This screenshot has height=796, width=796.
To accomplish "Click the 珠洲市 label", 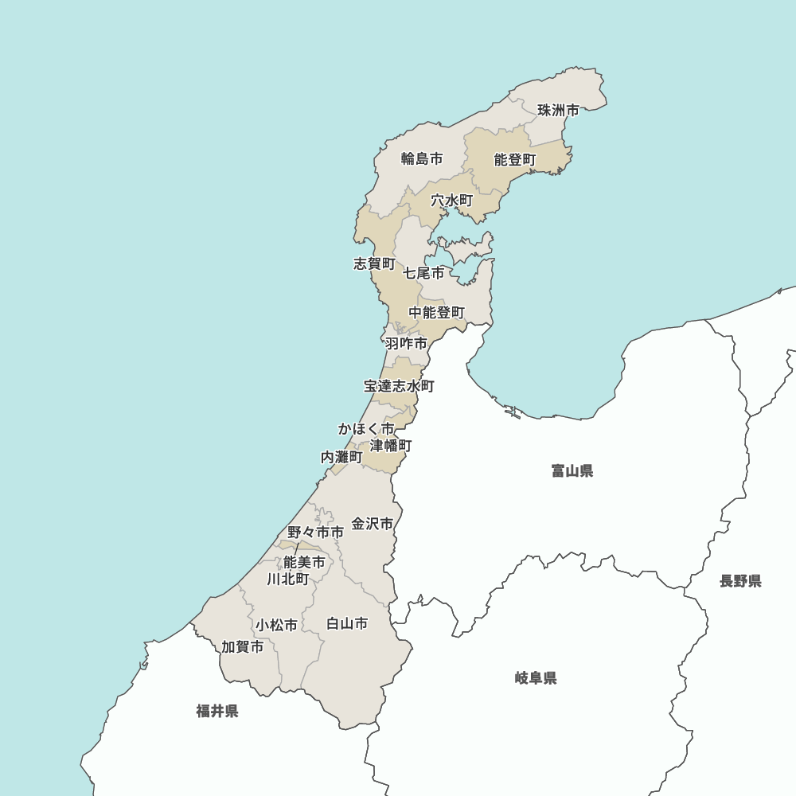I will coord(558,110).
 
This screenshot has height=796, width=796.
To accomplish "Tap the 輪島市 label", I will coord(422,158).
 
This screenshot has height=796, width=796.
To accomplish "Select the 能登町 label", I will coord(515,160).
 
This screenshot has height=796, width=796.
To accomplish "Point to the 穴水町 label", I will coord(452,201).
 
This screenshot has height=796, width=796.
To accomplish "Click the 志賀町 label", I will coord(374,263).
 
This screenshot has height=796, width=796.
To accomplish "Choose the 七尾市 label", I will coord(423,273).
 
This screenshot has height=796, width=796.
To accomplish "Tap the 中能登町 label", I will coord(437,313).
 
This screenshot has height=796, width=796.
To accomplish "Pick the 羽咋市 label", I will coord(406,344).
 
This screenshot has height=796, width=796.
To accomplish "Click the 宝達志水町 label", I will coord(400,386).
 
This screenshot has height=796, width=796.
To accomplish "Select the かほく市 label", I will coord(366,429).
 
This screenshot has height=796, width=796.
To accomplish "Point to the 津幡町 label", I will coord(391,445).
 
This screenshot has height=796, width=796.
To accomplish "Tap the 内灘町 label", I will coord(341,457).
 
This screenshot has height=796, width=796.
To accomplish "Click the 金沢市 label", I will coord(373,524).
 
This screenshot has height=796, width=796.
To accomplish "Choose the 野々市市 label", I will coord(316,532).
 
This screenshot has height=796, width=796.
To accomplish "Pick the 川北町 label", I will coord(288,579).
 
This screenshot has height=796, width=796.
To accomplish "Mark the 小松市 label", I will coord(277,625).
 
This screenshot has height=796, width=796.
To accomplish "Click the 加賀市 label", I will coord(243,647).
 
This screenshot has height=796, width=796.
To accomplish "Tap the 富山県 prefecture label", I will coord(572,471).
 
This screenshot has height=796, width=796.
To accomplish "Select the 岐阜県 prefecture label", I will coord(536,678).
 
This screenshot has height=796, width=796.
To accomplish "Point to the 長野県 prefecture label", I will coord(740,581).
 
